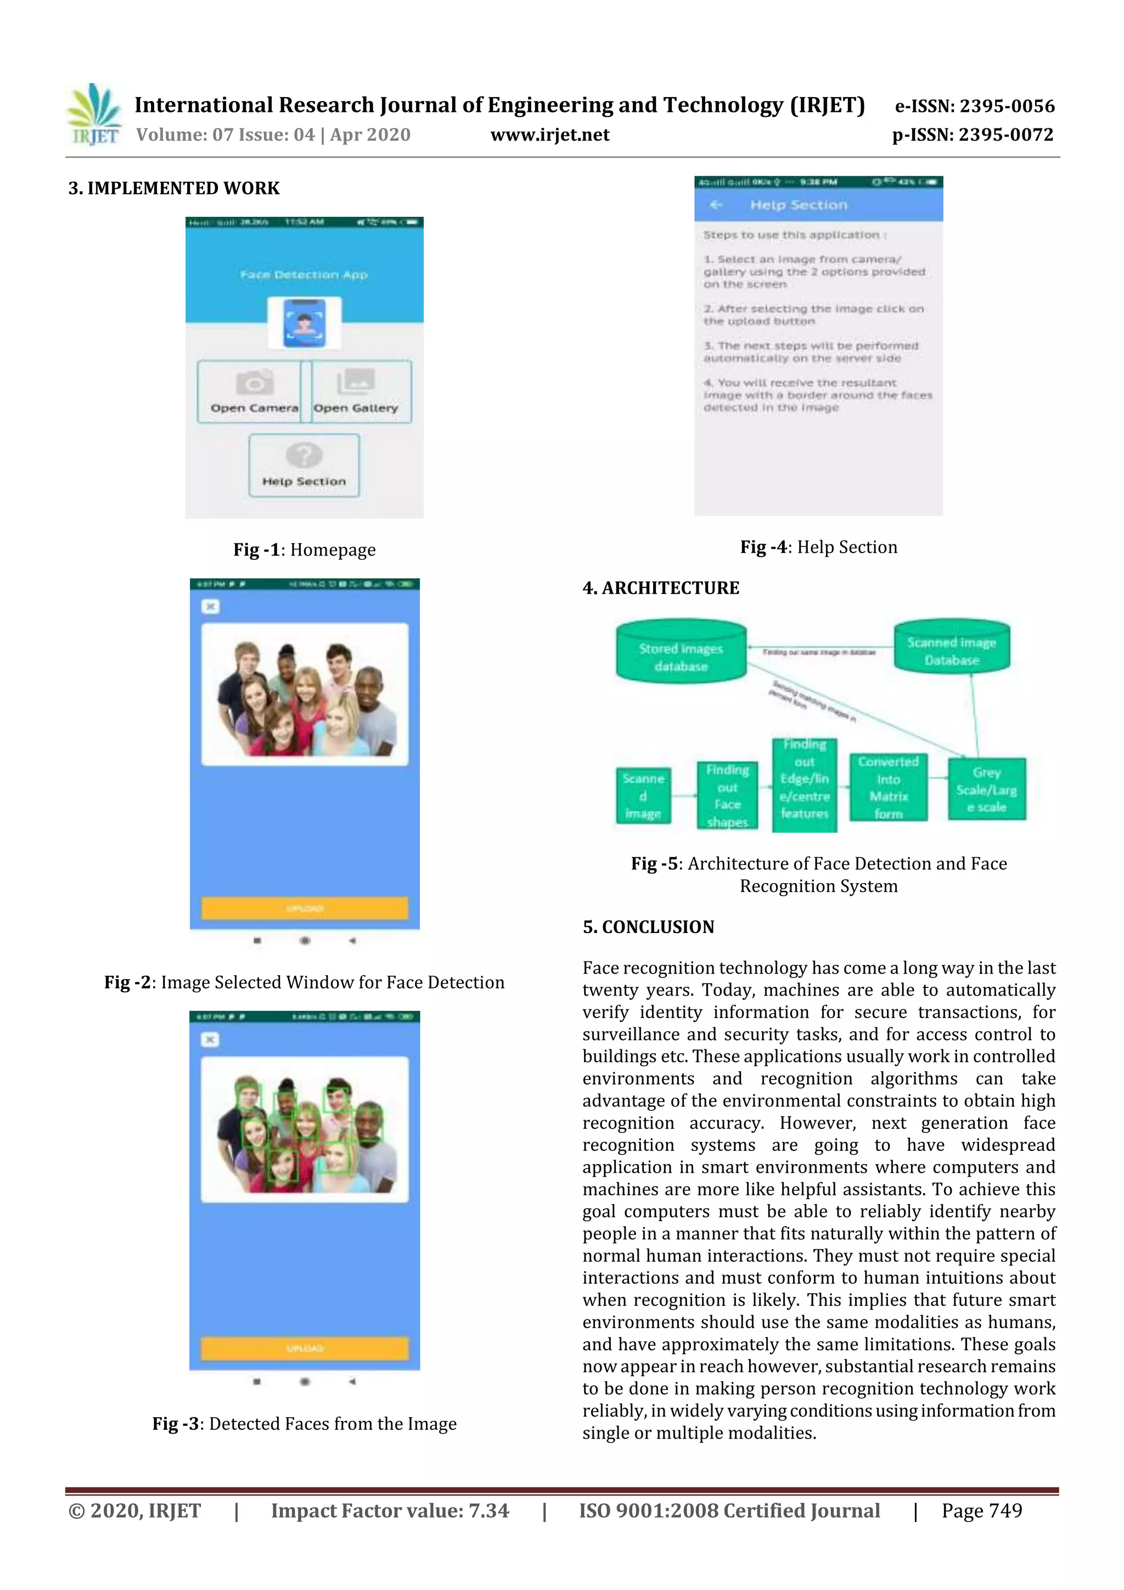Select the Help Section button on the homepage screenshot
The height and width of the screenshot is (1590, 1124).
pos(304,465)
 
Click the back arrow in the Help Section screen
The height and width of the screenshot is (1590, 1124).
pos(716,205)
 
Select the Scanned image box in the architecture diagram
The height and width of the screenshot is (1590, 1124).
pos(643,796)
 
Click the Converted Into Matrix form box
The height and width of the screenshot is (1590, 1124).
pos(889,788)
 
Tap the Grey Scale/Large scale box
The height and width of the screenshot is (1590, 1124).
pos(987,789)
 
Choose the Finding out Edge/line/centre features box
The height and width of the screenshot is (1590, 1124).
pos(804,785)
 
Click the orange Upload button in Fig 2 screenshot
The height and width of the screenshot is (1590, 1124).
pos(305,908)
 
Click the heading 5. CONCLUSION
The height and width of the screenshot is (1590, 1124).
pos(648,926)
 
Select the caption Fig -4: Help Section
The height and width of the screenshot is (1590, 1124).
pos(819,547)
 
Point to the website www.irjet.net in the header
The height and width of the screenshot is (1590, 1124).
pos(550,134)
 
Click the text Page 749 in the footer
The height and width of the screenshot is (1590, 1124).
pos(981,1510)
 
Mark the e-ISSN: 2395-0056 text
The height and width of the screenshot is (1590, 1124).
pos(974,106)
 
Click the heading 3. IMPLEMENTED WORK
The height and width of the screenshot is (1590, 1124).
pos(174,188)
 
